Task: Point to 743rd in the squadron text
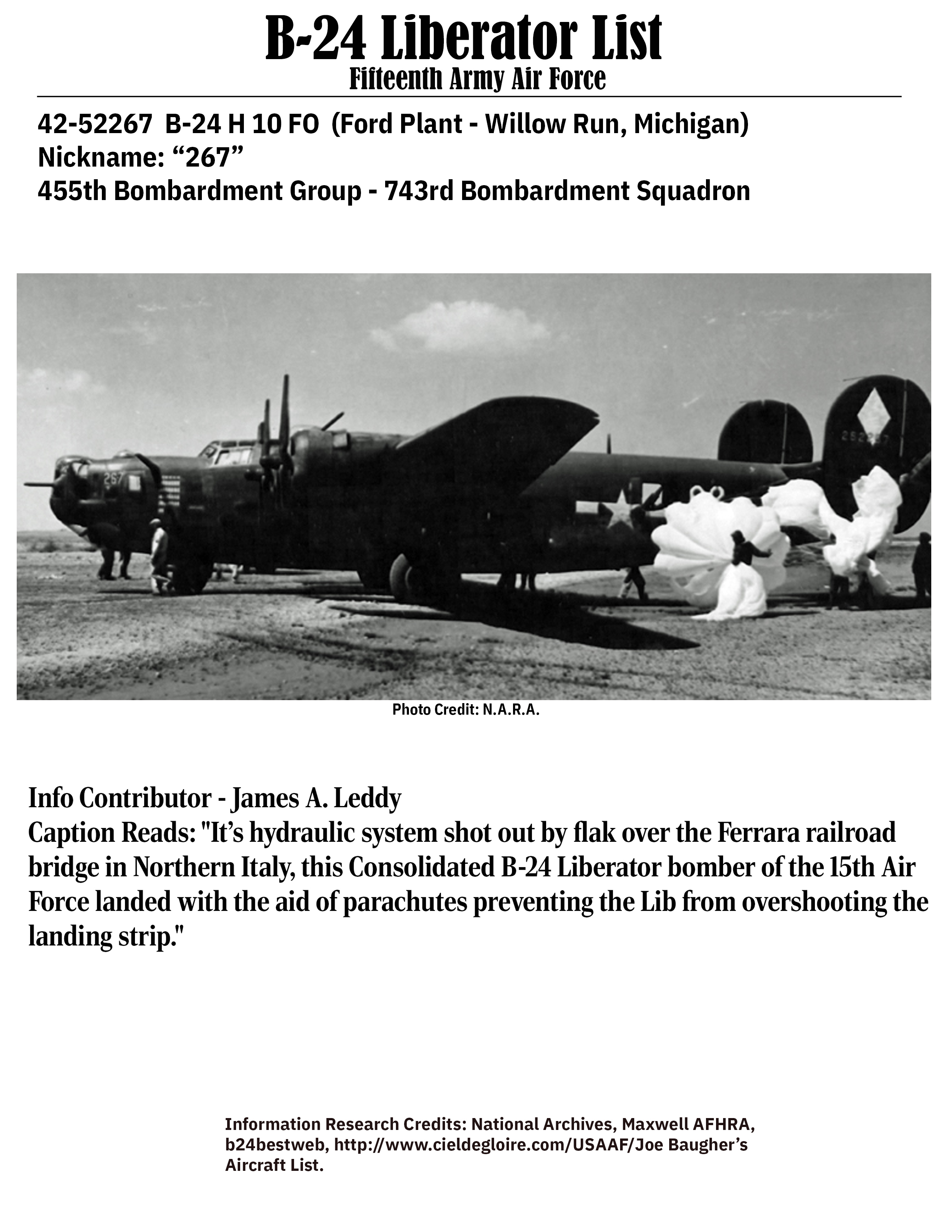coord(421,191)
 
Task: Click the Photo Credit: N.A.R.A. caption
coord(465,709)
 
